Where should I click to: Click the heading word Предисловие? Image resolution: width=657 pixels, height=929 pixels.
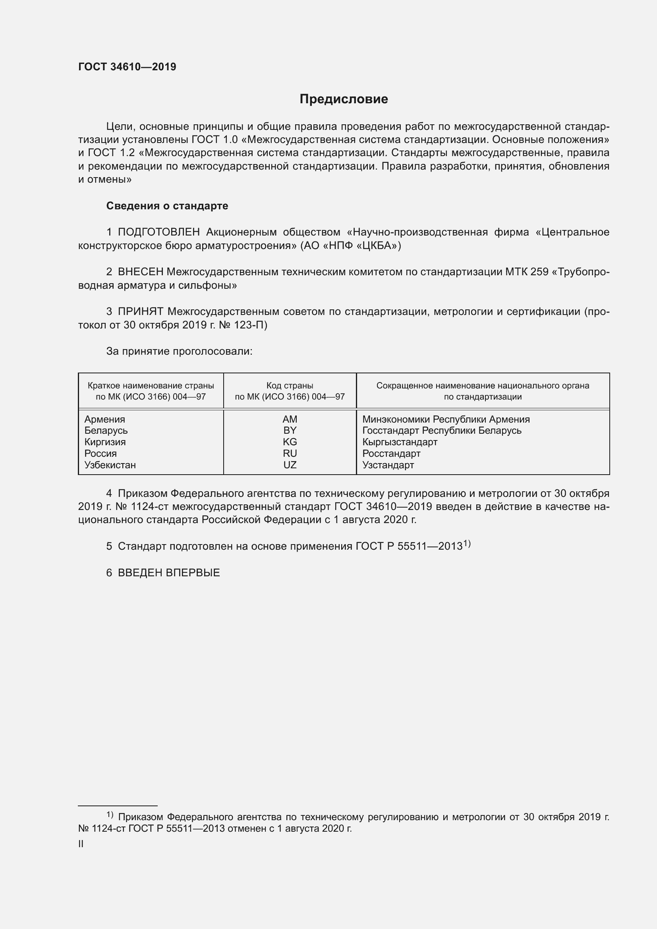point(344,99)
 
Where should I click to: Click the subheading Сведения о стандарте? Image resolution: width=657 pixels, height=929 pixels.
point(167,206)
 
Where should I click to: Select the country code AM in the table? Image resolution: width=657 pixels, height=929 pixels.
point(290,419)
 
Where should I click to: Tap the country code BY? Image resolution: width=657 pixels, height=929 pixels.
point(290,430)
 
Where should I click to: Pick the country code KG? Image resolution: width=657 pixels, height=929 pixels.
point(290,442)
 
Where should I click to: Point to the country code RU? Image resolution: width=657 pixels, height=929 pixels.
point(290,453)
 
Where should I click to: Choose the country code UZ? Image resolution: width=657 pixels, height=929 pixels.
point(290,465)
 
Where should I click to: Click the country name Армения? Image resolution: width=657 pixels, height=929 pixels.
point(104,419)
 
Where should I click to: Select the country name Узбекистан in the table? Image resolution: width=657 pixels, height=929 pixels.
point(110,465)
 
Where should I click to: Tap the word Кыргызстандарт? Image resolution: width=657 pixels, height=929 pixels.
point(400,442)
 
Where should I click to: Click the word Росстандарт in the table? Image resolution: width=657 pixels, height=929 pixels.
point(391,453)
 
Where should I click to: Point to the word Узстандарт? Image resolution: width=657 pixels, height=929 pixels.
point(388,465)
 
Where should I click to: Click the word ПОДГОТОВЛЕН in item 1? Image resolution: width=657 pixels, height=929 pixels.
point(158,232)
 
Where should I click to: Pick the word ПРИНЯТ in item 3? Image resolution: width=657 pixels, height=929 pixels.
point(140,311)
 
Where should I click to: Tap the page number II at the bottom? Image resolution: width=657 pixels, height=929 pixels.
point(81,844)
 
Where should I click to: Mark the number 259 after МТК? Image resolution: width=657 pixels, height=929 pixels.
point(539,272)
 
